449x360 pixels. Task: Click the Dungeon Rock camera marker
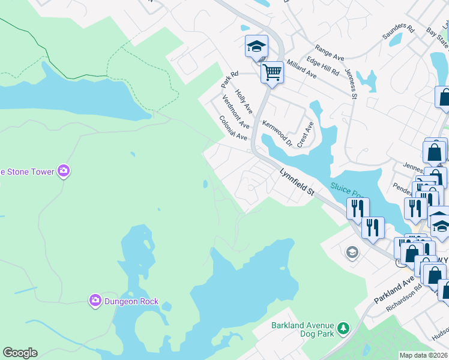pyautogui.click(x=95, y=300)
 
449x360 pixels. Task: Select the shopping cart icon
pyautogui.click(x=272, y=73)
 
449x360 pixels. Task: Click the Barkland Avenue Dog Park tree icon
pyautogui.click(x=343, y=328)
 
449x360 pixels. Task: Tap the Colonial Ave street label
pyautogui.click(x=233, y=128)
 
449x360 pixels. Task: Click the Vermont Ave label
pyautogui.click(x=235, y=112)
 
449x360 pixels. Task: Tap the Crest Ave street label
pyautogui.click(x=305, y=134)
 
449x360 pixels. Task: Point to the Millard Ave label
pyautogui.click(x=301, y=70)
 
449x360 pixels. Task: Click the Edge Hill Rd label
pyautogui.click(x=322, y=66)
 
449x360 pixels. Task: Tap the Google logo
pyautogui.click(x=20, y=353)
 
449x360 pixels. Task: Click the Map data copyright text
pyautogui.click(x=423, y=355)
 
